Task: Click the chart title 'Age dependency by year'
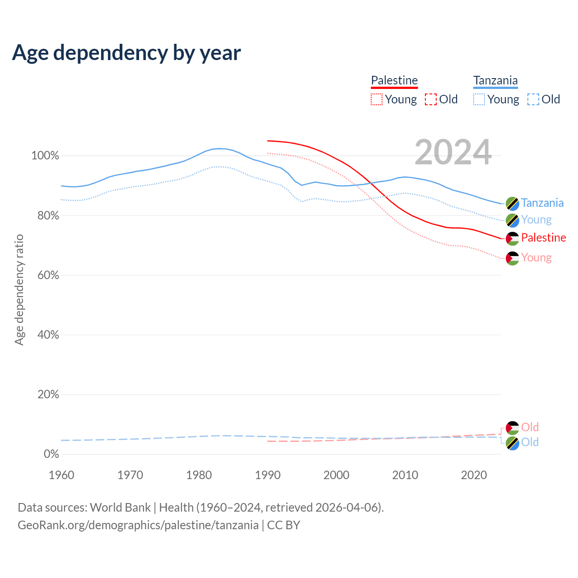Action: tap(126, 53)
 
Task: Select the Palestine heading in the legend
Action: tap(394, 80)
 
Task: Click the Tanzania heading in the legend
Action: tap(495, 80)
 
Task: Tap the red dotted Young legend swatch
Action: tap(376, 99)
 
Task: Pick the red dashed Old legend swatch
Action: tap(431, 99)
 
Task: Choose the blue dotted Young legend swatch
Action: tap(479, 99)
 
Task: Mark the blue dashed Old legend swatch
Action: tap(533, 99)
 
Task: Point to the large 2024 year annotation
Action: tap(453, 152)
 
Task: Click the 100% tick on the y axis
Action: tap(45, 156)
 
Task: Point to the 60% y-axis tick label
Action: tap(47, 275)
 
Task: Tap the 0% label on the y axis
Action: tap(51, 454)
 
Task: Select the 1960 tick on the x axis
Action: tap(61, 475)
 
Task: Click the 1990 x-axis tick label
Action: tap(268, 475)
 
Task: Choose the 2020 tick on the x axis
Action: tap(474, 475)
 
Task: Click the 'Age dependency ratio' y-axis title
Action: tap(19, 289)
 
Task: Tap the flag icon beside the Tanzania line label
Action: tap(513, 204)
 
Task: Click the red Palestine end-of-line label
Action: tap(543, 238)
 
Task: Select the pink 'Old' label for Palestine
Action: tap(530, 427)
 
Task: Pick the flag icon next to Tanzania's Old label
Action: tap(513, 443)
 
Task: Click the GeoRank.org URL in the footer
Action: tap(138, 525)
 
